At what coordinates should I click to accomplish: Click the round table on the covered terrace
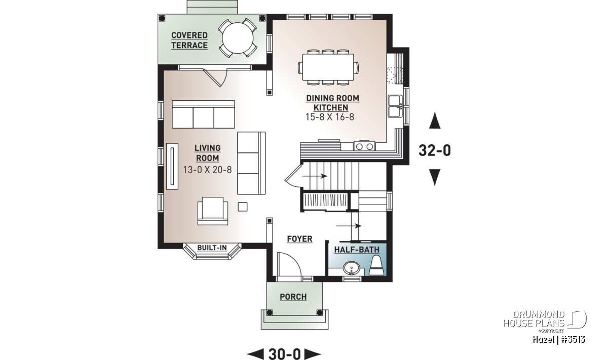tap(238, 38)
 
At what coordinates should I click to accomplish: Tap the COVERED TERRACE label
tap(189, 41)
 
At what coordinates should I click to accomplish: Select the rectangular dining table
tap(328, 67)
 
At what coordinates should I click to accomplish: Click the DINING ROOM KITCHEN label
tap(332, 103)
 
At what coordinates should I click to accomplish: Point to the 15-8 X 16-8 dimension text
tap(330, 117)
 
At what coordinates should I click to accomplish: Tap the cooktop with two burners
tap(364, 146)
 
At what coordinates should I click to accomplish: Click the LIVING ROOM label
tap(207, 153)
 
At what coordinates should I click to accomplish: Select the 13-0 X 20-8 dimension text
tap(207, 170)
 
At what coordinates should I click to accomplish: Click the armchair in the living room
tap(212, 211)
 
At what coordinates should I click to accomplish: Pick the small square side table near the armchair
tap(243, 207)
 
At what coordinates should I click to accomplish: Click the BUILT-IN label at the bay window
tap(212, 248)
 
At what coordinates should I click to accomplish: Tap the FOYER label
tap(299, 239)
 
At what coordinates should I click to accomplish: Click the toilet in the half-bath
tap(376, 266)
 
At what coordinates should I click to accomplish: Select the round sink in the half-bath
tap(351, 268)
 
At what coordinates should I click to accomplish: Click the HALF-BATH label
tap(357, 250)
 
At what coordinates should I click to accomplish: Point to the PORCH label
tap(293, 297)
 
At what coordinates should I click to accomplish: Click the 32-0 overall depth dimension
tap(435, 150)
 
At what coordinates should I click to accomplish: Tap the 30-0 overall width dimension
tap(284, 354)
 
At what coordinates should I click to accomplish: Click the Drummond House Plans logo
tap(545, 322)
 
